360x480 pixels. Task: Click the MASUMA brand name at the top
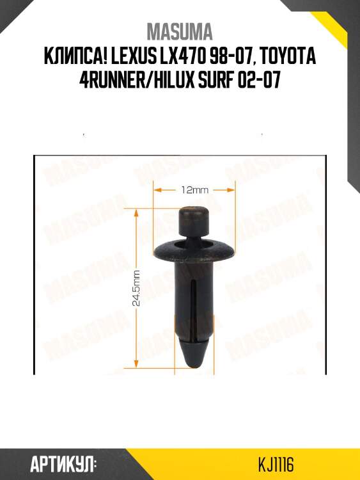180,32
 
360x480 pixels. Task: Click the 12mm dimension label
194,190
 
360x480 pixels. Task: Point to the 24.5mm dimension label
136,287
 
